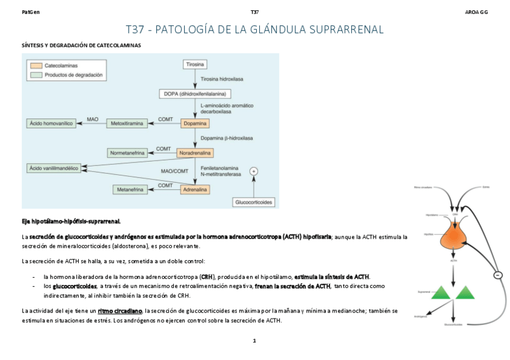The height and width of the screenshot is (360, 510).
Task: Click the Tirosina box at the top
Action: pyautogui.click(x=195, y=64)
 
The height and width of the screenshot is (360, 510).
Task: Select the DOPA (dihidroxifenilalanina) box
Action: pyautogui.click(x=195, y=93)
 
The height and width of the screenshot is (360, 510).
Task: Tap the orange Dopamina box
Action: pyautogui.click(x=195, y=123)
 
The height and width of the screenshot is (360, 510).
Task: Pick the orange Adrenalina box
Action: pyautogui.click(x=195, y=189)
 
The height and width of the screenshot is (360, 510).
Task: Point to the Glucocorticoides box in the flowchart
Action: pyautogui.click(x=254, y=203)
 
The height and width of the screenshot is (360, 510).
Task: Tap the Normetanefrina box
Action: pyautogui.click(x=127, y=153)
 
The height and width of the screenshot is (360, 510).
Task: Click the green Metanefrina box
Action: pyautogui.click(x=130, y=189)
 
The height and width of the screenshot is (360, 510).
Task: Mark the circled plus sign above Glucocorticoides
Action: pyautogui.click(x=254, y=171)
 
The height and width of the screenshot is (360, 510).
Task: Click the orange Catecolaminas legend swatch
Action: pyautogui.click(x=36, y=65)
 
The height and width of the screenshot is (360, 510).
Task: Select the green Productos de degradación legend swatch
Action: pyautogui.click(x=36, y=75)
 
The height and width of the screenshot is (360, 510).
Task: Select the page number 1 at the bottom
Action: pyautogui.click(x=254, y=341)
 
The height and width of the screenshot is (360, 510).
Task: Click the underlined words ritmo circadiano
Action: pyautogui.click(x=120, y=311)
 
